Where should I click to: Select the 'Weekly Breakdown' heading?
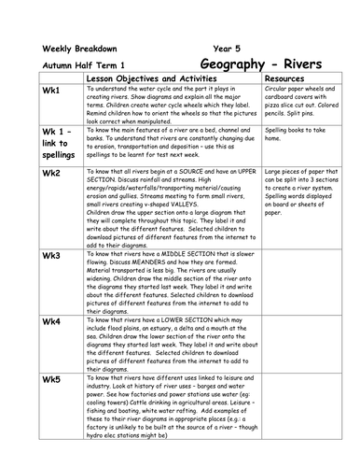pyautogui.click(x=77, y=49)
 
